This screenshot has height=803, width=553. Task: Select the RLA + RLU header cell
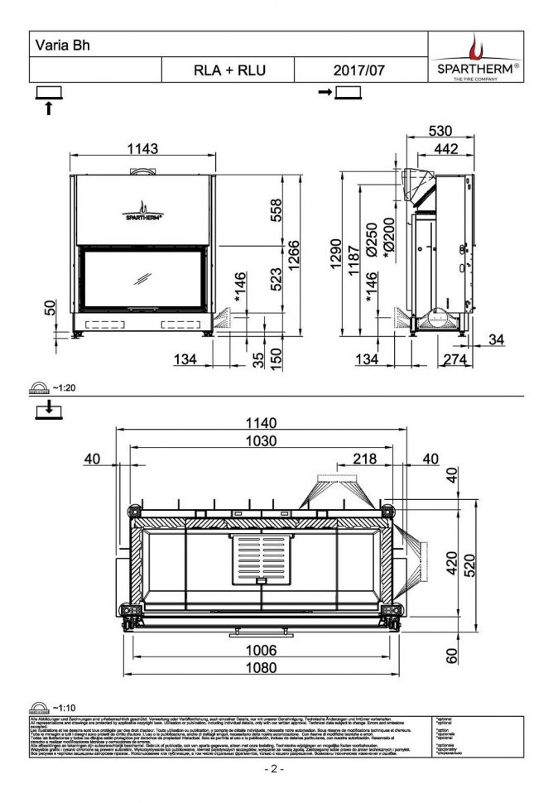click(x=228, y=70)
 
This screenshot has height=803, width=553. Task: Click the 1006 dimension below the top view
click(x=259, y=650)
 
